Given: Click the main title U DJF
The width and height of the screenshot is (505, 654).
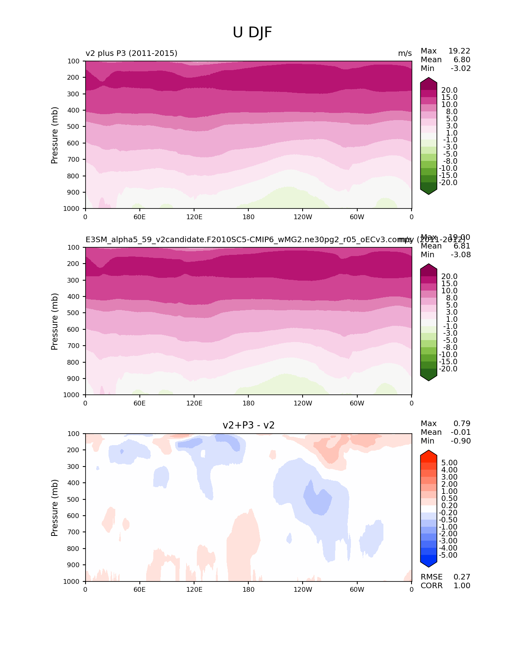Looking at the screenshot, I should point(252,33).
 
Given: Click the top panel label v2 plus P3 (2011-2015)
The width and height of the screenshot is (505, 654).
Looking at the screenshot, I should point(131,53).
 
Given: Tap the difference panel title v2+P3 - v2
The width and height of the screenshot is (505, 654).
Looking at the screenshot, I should point(248,425).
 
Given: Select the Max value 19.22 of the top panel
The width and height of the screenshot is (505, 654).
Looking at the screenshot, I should point(459,51).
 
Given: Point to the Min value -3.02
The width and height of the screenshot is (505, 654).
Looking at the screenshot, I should point(461,68).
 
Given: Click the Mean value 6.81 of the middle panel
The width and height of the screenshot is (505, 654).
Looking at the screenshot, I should point(462,246).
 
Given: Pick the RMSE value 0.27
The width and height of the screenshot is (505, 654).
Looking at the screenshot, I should point(462,577).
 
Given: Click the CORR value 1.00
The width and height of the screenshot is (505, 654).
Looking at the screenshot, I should point(462,585).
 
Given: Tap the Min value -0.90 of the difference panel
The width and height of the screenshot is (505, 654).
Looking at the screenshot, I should point(461,441).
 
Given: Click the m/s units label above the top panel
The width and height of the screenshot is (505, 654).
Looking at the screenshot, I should point(405,53).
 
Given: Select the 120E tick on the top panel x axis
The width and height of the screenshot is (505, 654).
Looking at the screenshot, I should point(194,217).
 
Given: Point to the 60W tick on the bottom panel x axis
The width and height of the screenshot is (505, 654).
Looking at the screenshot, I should point(357,589).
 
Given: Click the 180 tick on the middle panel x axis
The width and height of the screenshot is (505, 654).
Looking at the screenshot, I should point(248,403).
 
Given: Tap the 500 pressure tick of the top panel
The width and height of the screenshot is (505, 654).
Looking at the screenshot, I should point(74,126).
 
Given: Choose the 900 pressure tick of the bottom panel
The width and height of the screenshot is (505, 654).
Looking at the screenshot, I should point(74,565).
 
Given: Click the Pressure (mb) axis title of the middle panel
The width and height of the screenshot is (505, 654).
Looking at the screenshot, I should point(55,321).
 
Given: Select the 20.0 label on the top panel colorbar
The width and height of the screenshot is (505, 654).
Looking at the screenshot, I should point(449,90).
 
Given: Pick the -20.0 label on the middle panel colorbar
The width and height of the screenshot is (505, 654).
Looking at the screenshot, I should point(448,369).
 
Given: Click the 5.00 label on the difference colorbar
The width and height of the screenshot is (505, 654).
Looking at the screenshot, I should point(449,463).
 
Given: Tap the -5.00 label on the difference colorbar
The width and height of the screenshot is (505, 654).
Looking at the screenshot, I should point(448,555).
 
